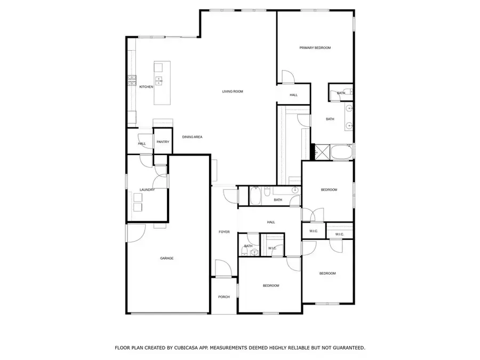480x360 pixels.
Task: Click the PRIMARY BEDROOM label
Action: tap(315, 48)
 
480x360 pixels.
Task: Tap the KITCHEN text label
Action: tap(146, 87)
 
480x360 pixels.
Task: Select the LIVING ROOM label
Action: tap(233, 92)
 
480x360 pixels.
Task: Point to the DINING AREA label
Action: tap(192, 137)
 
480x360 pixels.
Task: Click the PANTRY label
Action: tap(163, 142)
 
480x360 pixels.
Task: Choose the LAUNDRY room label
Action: tap(147, 190)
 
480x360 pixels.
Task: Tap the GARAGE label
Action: tap(167, 258)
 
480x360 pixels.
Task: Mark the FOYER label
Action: tap(224, 232)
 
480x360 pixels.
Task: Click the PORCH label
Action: tap(224, 297)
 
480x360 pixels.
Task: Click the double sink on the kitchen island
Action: tap(159, 81)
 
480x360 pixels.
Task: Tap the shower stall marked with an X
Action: tap(322, 151)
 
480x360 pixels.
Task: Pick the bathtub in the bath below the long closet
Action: tap(255, 196)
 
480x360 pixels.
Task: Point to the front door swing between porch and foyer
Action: tap(223, 269)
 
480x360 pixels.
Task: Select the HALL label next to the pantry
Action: tap(142, 143)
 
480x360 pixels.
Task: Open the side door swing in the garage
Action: tap(137, 231)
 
